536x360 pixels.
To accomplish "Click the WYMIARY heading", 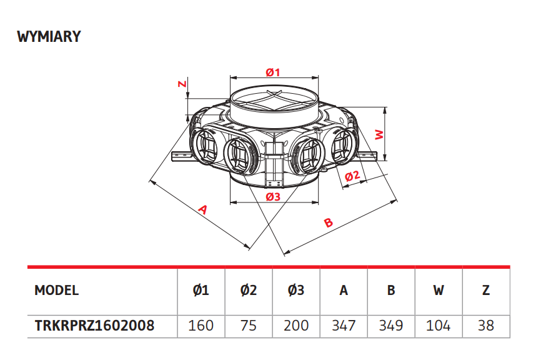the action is coord(49,37).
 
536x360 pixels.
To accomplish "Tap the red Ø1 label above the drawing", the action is coord(273,72).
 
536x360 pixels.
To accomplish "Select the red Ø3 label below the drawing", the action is coord(273,197).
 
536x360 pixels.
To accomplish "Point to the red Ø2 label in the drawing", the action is coord(352,176).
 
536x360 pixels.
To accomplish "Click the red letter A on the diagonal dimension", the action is coord(203,209).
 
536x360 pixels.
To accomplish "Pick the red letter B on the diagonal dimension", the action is coord(328,222).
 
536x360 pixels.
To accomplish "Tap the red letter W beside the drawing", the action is coord(379,134).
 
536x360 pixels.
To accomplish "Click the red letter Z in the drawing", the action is coord(183,83).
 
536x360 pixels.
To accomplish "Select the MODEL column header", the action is coord(56,290).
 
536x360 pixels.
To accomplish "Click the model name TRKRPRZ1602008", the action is coord(94,326).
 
